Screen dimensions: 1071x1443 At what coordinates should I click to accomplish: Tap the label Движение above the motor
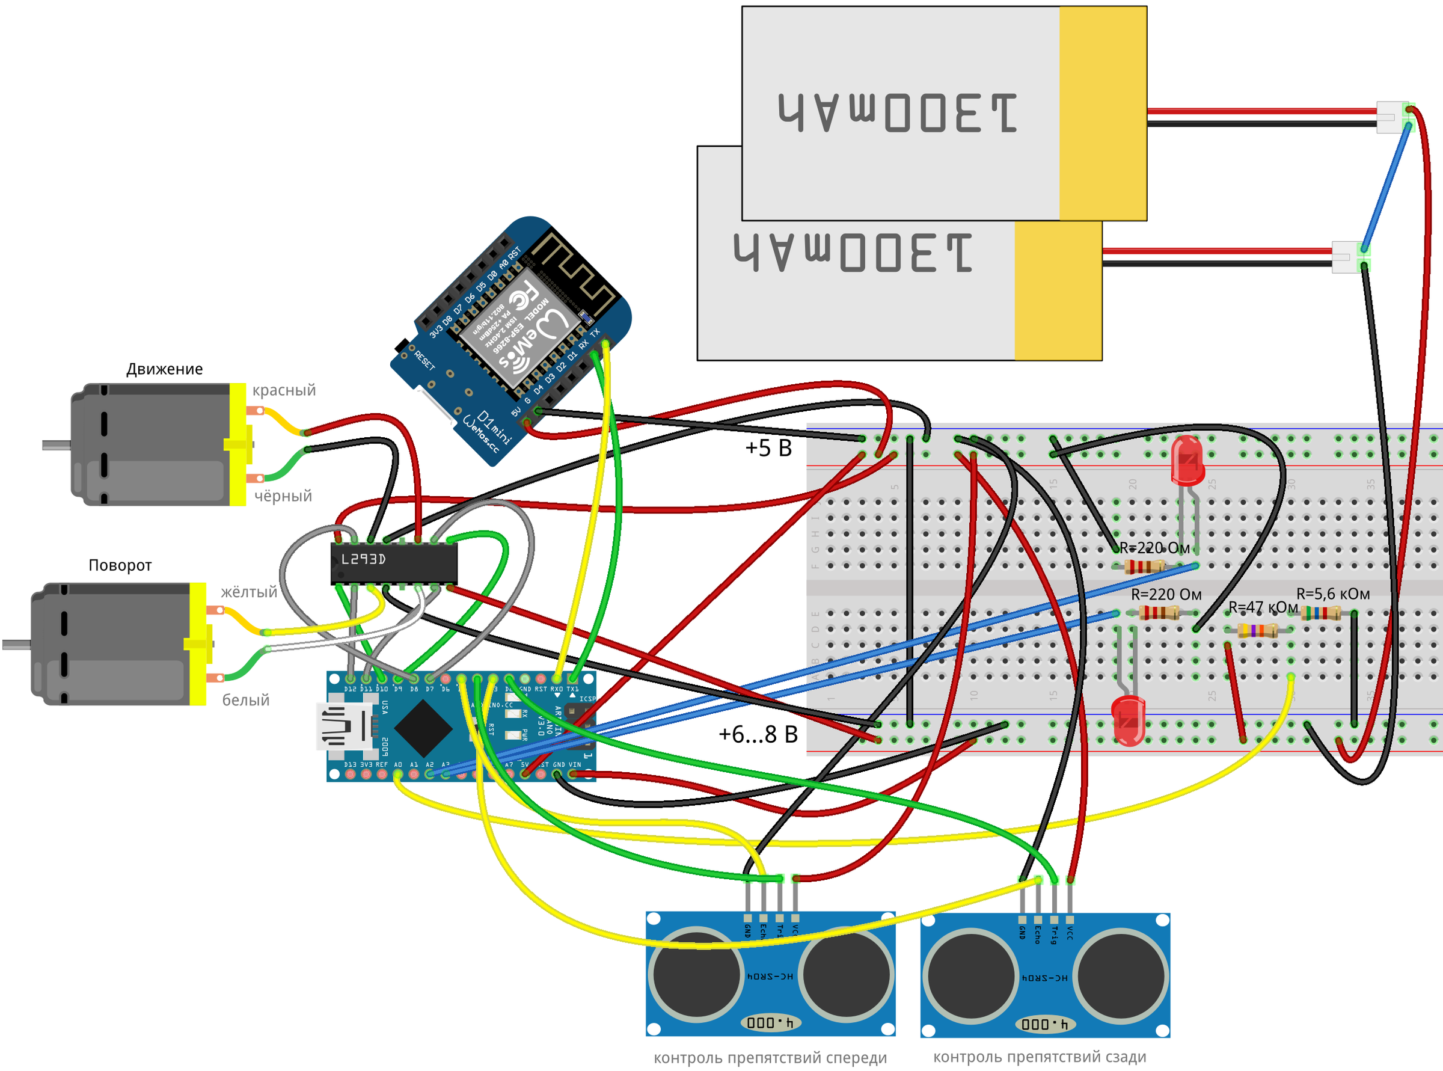(164, 369)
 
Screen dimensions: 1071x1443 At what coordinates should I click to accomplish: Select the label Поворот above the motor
(120, 565)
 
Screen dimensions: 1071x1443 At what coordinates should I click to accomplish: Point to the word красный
(284, 390)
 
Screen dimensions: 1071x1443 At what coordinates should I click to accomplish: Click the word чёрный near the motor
(283, 496)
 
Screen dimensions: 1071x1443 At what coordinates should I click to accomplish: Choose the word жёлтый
(249, 592)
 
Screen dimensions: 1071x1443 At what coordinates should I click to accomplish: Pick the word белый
(246, 700)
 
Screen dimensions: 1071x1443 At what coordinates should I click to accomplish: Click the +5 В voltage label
(768, 448)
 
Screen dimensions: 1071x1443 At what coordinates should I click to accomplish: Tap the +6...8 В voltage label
(758, 734)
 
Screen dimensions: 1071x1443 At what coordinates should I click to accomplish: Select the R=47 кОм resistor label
(1263, 607)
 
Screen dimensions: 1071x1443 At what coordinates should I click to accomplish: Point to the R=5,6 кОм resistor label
(1333, 594)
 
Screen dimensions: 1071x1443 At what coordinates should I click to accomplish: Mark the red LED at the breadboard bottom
(1128, 720)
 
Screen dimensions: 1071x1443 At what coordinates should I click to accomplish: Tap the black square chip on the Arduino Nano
(423, 729)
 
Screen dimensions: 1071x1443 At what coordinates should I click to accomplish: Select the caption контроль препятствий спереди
(770, 1058)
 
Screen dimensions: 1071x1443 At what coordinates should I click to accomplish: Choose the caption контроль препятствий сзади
(1039, 1057)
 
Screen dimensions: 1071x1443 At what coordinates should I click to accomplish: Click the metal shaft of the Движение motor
(57, 445)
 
